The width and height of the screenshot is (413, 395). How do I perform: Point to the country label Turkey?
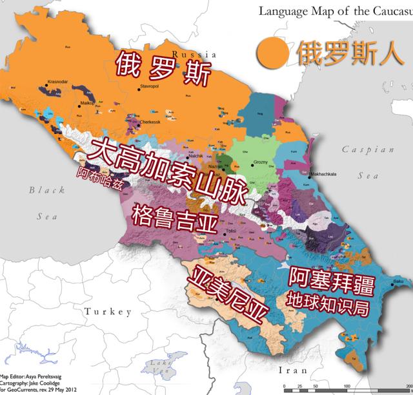pyautogui.click(x=108, y=312)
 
